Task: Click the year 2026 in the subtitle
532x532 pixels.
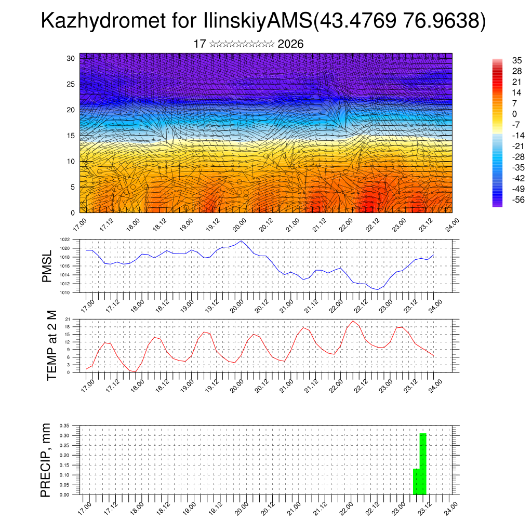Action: click(x=290, y=44)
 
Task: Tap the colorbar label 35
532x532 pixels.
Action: click(x=502, y=60)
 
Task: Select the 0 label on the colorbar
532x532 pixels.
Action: click(x=500, y=114)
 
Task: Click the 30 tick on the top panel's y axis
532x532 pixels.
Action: click(x=71, y=58)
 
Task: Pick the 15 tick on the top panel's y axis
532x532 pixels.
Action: click(x=71, y=136)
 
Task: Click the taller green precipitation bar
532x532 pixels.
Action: click(x=423, y=463)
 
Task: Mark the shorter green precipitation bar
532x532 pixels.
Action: click(x=416, y=482)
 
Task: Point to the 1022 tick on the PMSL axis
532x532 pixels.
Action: click(x=64, y=240)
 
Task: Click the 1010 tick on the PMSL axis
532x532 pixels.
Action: click(x=64, y=292)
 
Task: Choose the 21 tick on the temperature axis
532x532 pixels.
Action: click(x=67, y=319)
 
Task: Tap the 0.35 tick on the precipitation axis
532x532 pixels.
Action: click(x=63, y=425)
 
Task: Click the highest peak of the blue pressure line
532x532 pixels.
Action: click(x=242, y=241)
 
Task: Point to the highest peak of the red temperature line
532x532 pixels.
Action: click(x=353, y=321)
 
